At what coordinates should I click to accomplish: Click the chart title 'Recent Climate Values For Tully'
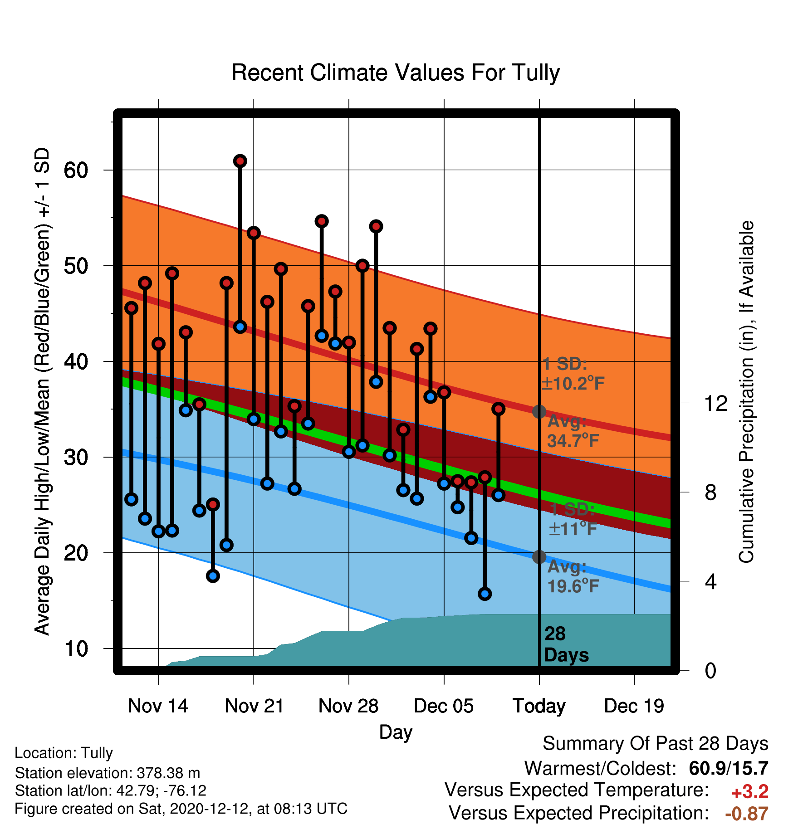point(396,73)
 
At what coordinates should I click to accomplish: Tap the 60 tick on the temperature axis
point(76,171)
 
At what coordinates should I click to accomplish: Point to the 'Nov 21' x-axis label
point(254,706)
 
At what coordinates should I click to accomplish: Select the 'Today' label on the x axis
point(539,706)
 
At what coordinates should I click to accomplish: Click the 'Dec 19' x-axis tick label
point(634,706)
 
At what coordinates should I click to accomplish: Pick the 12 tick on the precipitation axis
point(715,403)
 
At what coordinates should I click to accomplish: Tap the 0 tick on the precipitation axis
point(710,670)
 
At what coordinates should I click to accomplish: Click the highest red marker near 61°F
point(240,161)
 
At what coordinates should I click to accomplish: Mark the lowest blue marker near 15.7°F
point(485,594)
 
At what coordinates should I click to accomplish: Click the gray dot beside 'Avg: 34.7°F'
point(539,412)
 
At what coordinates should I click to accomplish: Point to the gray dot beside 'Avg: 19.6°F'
point(539,557)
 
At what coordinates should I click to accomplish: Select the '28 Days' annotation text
point(566,644)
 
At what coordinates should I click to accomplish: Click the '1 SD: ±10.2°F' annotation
point(573,374)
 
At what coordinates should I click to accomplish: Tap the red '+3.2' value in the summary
point(750,792)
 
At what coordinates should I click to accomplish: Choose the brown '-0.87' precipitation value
point(747,814)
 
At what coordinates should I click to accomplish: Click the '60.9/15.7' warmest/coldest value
point(729,768)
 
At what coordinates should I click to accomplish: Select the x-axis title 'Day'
point(396,732)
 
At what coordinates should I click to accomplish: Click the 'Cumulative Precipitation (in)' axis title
point(746,392)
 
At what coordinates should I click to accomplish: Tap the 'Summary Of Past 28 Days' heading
point(656,744)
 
